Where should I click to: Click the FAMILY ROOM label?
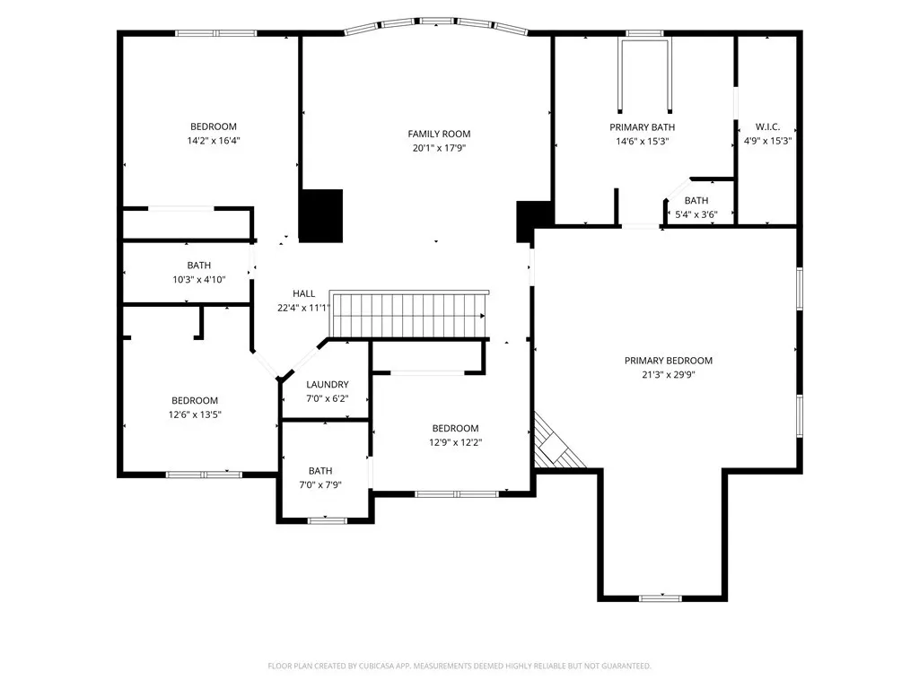(439, 134)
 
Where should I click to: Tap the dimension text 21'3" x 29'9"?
(668, 374)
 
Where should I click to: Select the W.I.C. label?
(767, 126)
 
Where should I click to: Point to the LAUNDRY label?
(327, 384)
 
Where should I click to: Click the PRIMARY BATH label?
(642, 127)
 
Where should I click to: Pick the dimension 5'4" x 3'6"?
(696, 214)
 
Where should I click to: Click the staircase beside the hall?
(409, 314)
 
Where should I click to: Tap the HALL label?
(303, 293)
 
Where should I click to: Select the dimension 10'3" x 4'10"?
(198, 280)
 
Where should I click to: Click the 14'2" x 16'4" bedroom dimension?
(214, 141)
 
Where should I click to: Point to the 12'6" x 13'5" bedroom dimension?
(195, 414)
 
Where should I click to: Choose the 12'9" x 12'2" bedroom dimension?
(455, 442)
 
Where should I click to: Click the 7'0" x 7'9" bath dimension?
(320, 485)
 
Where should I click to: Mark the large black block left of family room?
(320, 215)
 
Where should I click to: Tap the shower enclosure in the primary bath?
(644, 75)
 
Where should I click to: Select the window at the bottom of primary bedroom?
(660, 598)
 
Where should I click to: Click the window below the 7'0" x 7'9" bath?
(327, 520)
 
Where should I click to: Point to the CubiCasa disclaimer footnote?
(459, 666)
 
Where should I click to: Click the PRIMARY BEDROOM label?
(668, 361)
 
